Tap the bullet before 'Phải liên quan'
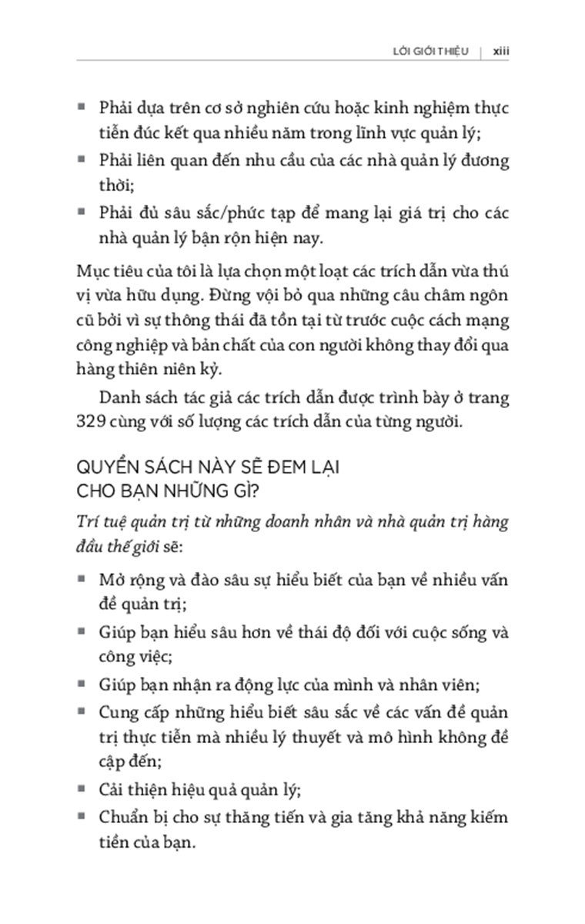tap(82, 160)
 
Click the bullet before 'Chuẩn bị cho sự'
tap(82, 816)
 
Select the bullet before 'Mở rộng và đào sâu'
tap(82, 577)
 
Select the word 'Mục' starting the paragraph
tap(92, 271)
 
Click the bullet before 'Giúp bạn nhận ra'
tap(82, 684)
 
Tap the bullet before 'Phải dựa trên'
tap(82, 106)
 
